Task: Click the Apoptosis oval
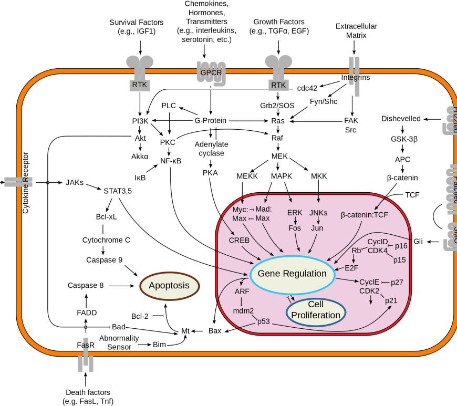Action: (169, 286)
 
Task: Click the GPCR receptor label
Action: (211, 72)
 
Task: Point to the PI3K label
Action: (141, 121)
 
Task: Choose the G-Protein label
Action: (210, 121)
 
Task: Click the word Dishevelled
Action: (401, 119)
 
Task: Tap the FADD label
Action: (87, 313)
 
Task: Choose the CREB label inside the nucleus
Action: (239, 240)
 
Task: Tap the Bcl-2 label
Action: (140, 316)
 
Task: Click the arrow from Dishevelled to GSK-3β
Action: (403, 129)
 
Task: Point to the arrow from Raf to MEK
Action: (277, 148)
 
